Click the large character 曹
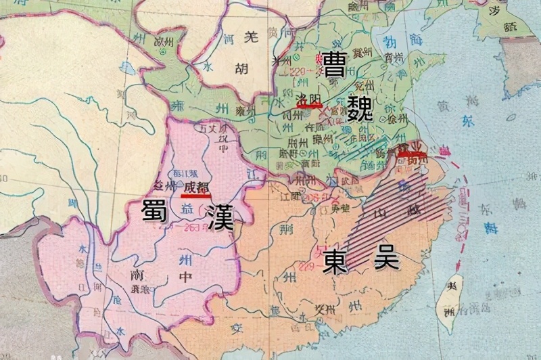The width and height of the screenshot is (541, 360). pyautogui.click(x=336, y=66)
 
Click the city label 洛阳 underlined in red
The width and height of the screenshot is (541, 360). pyautogui.click(x=309, y=99)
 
